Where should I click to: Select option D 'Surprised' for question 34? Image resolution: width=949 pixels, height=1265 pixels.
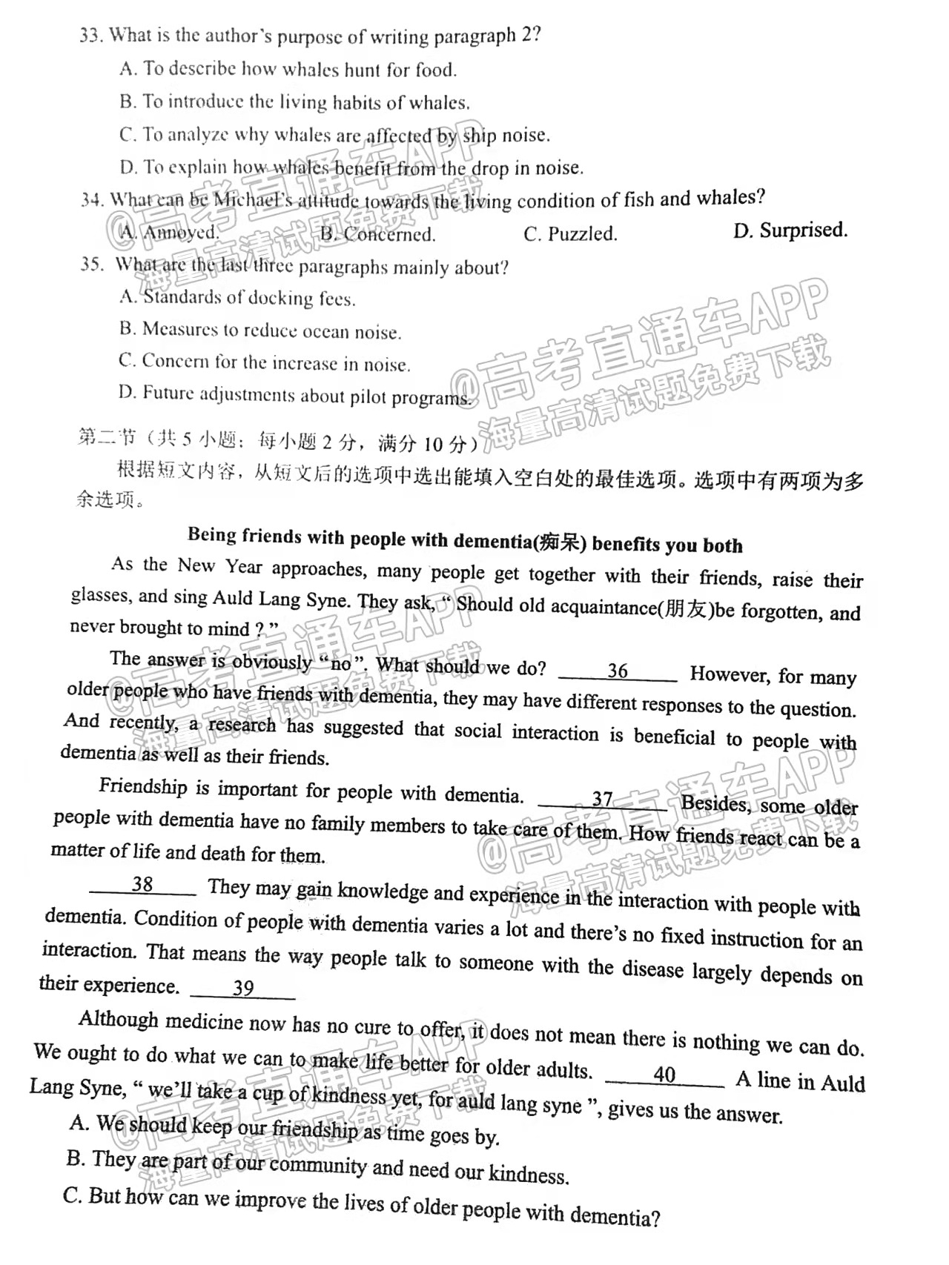pyautogui.click(x=790, y=230)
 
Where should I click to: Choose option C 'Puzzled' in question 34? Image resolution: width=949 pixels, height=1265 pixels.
pyautogui.click(x=570, y=234)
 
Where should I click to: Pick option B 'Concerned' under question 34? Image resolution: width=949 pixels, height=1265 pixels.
pyautogui.click(x=378, y=234)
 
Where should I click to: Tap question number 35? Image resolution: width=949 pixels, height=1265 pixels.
pyautogui.click(x=91, y=264)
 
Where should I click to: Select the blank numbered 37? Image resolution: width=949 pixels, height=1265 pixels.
pyautogui.click(x=602, y=800)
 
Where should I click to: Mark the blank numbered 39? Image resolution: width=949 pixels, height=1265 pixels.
pyautogui.click(x=243, y=988)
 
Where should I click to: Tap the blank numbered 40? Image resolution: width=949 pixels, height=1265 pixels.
pyautogui.click(x=665, y=1075)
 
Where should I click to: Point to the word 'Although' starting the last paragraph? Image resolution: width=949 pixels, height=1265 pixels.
pyautogui.click(x=119, y=1020)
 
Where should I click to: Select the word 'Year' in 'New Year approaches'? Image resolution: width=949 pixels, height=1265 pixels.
pyautogui.click(x=244, y=567)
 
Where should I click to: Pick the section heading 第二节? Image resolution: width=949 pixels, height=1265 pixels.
pyautogui.click(x=107, y=438)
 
